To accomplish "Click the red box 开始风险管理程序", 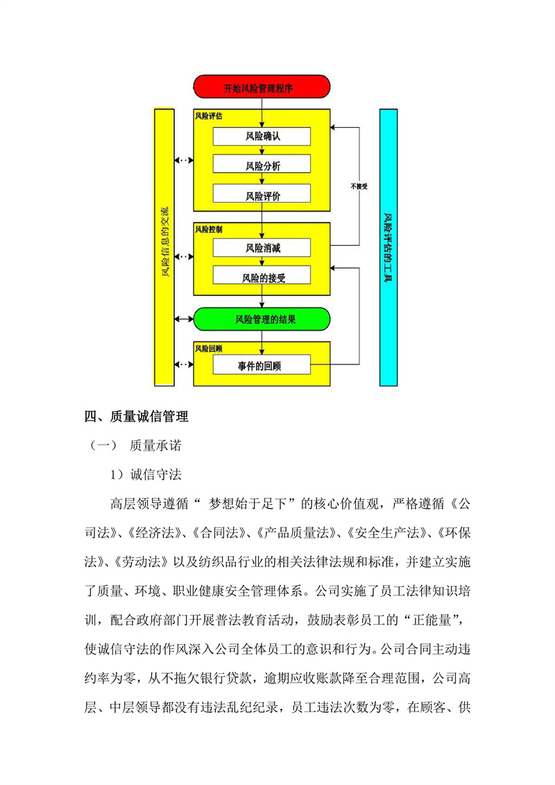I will pyautogui.click(x=261, y=88).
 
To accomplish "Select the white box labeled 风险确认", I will pyautogui.click(x=262, y=136).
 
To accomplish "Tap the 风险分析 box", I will pyautogui.click(x=262, y=166).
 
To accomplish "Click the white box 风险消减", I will pyautogui.click(x=262, y=248).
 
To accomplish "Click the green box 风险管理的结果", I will pyautogui.click(x=262, y=319).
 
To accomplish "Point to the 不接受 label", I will pyautogui.click(x=359, y=186).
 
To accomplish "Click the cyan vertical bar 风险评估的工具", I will pyautogui.click(x=388, y=247).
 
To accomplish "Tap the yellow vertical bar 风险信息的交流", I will pyautogui.click(x=164, y=247).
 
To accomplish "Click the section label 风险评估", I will pyautogui.click(x=208, y=116).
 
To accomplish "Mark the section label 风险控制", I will pyautogui.click(x=208, y=228).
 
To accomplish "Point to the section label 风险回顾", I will pyautogui.click(x=208, y=347).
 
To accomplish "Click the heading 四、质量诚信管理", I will pyautogui.click(x=136, y=416).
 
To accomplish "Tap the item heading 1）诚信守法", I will pyautogui.click(x=146, y=475).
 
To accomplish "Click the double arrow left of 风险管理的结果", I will pyautogui.click(x=183, y=319).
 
